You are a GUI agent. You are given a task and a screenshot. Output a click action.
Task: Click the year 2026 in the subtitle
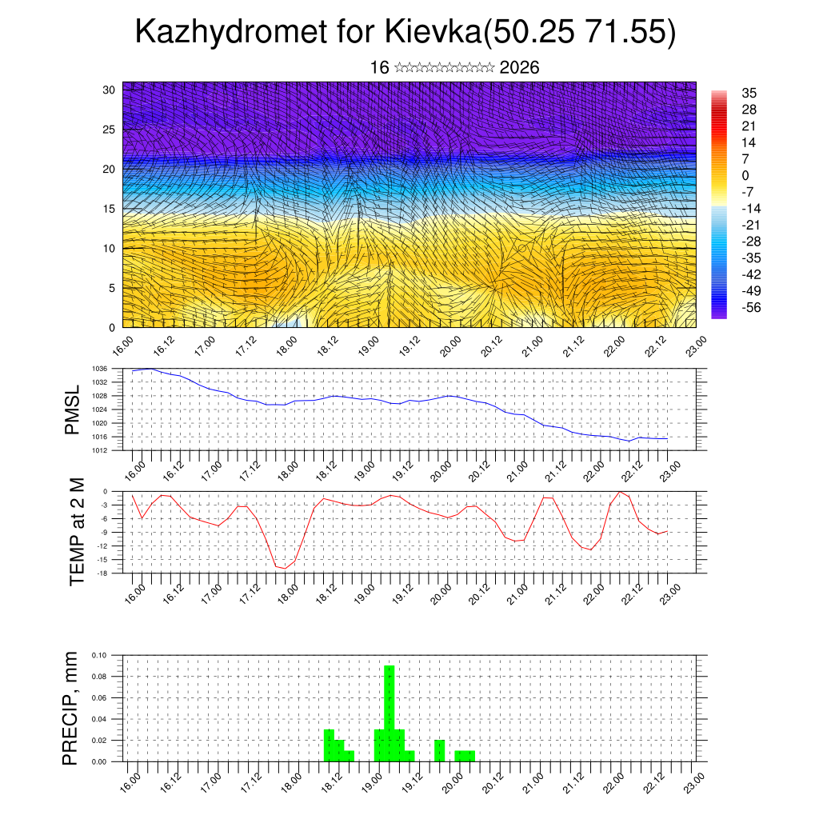(x=519, y=67)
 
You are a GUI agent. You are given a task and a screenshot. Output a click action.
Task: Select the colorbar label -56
(x=751, y=307)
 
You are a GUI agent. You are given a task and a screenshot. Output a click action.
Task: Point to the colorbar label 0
(x=745, y=175)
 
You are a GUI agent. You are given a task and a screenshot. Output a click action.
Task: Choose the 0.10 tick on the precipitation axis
(x=99, y=655)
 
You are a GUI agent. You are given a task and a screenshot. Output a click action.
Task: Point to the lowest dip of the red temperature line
(x=285, y=569)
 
